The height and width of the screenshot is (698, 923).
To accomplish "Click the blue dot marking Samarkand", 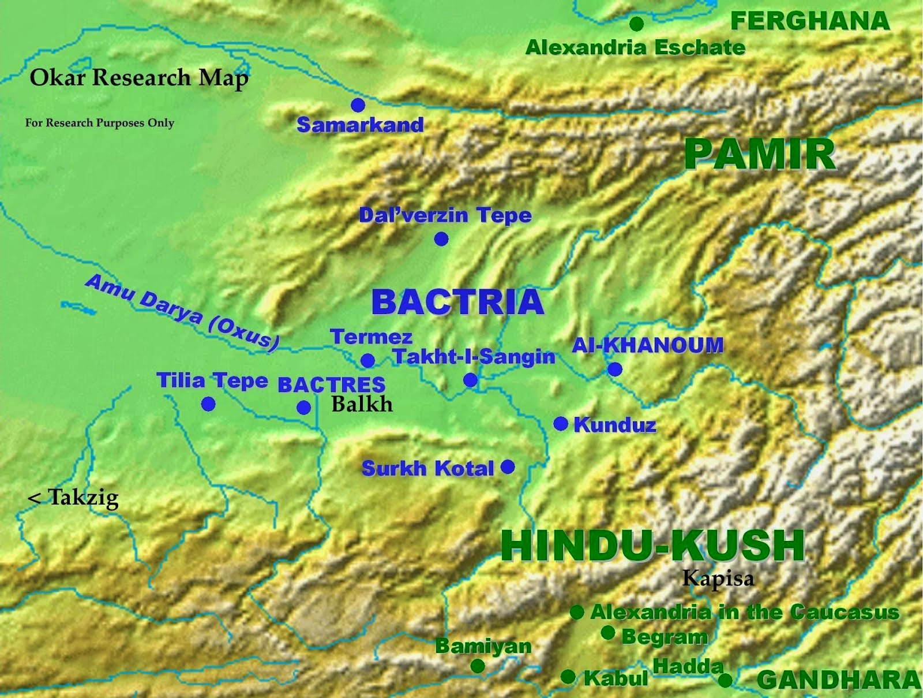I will click(x=358, y=104).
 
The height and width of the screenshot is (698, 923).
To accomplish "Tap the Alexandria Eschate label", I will click(x=635, y=47).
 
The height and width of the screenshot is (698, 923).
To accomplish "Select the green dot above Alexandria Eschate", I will click(x=636, y=24).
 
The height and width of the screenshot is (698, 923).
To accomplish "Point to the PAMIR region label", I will click(x=760, y=154).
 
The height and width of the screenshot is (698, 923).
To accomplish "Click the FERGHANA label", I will click(x=810, y=21).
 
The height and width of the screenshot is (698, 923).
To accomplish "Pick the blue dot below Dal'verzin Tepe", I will click(x=441, y=238).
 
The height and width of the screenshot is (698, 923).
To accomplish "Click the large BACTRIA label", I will click(x=457, y=302).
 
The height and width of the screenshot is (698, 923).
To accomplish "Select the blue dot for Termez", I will click(x=367, y=361).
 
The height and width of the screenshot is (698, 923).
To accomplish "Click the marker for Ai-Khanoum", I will click(x=615, y=369).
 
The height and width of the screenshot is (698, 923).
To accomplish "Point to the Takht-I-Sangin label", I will click(x=474, y=357).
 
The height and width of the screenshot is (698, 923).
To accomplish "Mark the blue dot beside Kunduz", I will click(x=561, y=424).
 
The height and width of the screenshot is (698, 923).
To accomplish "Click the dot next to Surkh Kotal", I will click(x=508, y=466).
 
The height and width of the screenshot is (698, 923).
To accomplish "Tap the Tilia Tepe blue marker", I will click(x=208, y=404).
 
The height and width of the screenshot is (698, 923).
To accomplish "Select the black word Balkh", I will click(x=362, y=404).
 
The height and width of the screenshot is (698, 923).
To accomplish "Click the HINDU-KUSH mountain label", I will click(x=652, y=545).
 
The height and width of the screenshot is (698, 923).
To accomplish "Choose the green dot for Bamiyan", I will click(x=477, y=666).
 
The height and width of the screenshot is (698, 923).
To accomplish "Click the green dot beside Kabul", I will click(x=568, y=677).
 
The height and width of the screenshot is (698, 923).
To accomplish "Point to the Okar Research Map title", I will click(x=139, y=77).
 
